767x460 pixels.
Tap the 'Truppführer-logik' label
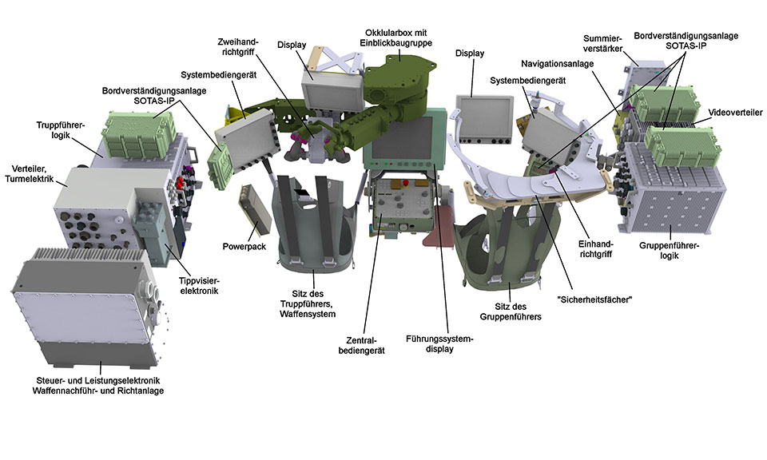click(x=57, y=131)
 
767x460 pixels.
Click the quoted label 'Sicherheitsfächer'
click(x=591, y=299)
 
